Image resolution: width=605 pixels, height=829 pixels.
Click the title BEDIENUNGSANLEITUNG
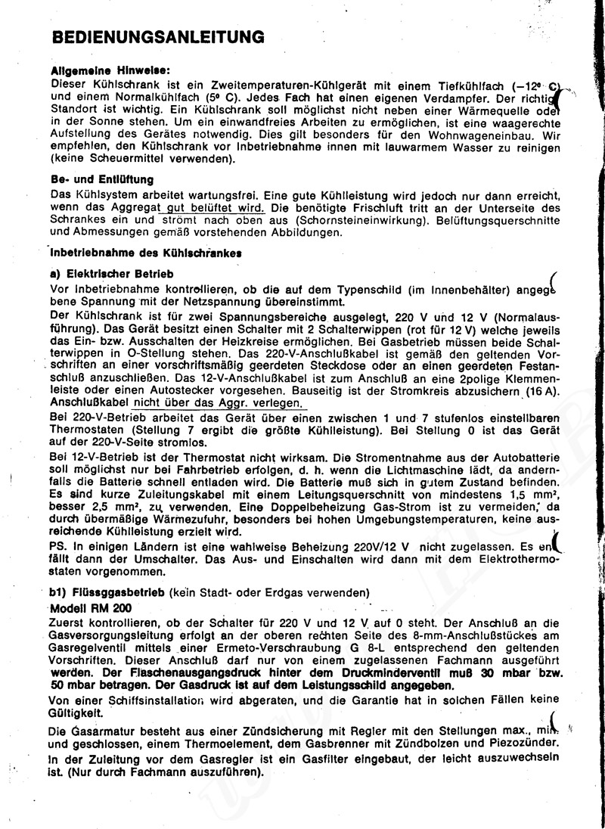pos(157,36)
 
